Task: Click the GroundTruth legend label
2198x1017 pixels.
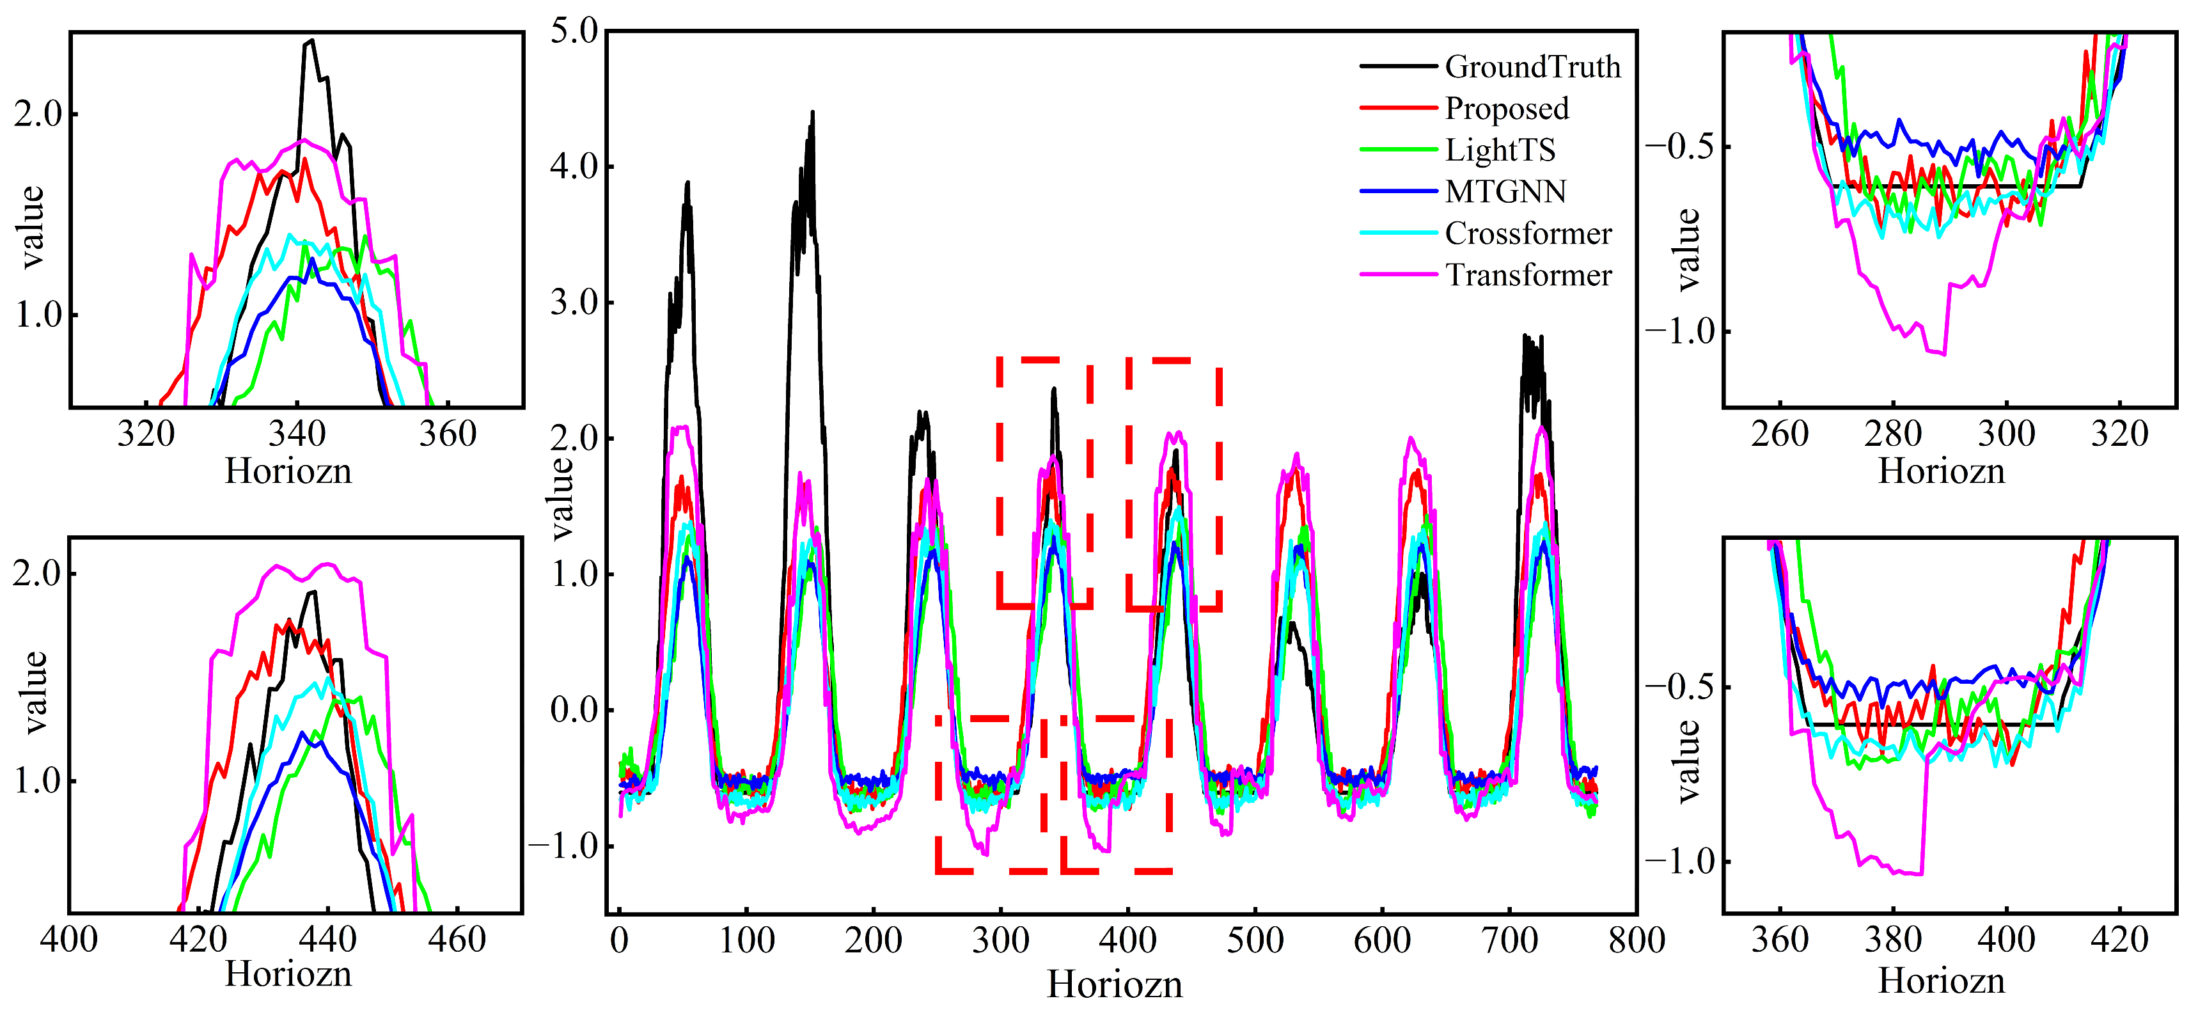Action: [1532, 67]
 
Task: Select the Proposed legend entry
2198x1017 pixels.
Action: [1507, 108]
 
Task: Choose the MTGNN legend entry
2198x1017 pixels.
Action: [1505, 191]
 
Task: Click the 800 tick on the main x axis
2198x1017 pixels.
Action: [1637, 940]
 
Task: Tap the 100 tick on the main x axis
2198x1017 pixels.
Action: [746, 940]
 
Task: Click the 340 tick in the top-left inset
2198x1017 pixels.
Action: [296, 434]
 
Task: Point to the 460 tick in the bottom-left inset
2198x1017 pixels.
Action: [457, 940]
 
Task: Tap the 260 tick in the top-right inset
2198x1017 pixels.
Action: [1779, 434]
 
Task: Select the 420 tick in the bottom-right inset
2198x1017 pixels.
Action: [2119, 940]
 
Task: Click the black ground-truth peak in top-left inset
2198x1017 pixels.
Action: [311, 40]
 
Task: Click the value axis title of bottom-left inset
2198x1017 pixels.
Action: [34, 692]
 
